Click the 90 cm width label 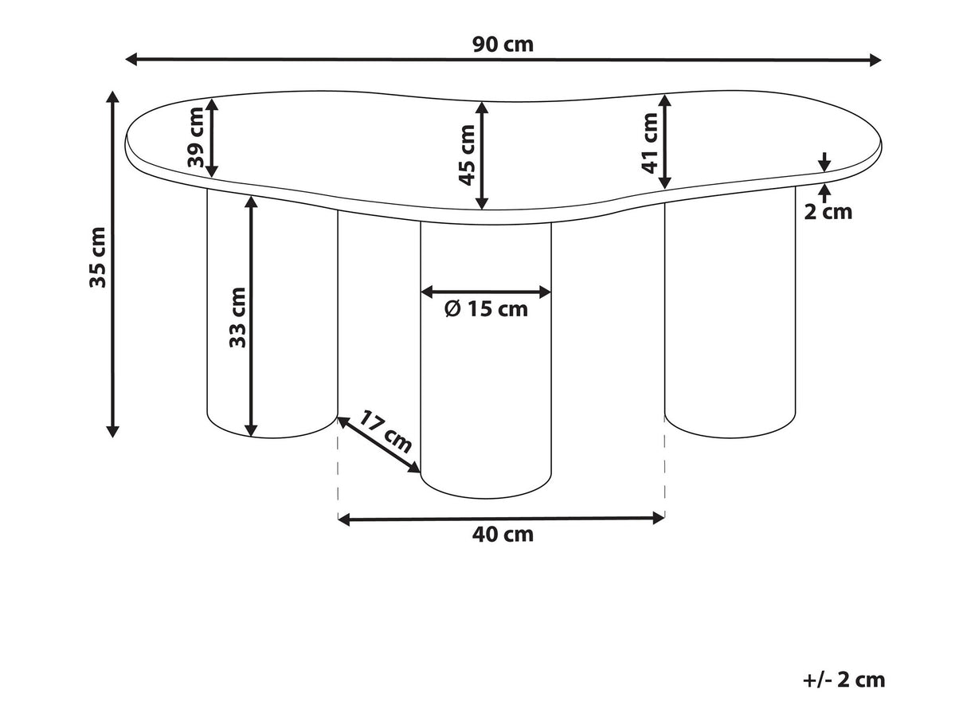point(503,45)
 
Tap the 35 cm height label point(97,257)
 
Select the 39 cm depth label point(196,137)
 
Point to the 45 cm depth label point(467,155)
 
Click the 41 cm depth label point(649,143)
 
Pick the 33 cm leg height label point(237,317)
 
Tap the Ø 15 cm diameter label point(486,309)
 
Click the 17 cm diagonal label point(385,431)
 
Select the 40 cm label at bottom point(503,535)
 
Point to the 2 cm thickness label point(828,212)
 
